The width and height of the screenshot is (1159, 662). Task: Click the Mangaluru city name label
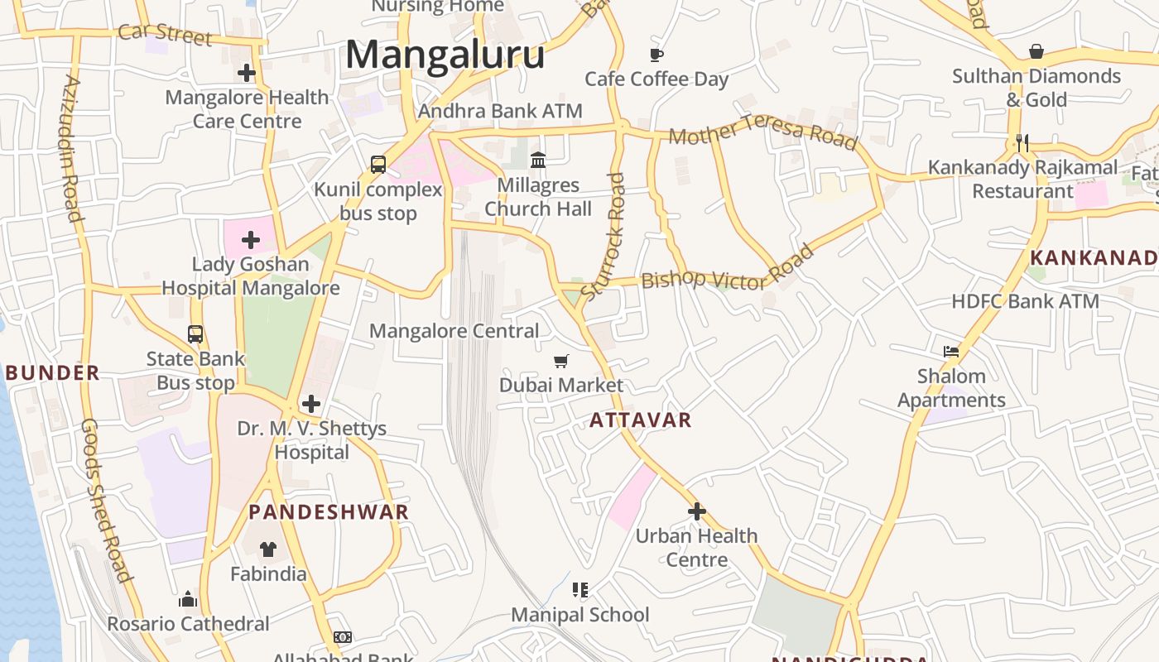click(445, 55)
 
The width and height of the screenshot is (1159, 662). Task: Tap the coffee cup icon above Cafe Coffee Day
click(656, 55)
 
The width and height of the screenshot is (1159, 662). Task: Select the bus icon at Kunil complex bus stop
click(378, 164)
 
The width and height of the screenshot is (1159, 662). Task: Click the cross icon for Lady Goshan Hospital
click(250, 240)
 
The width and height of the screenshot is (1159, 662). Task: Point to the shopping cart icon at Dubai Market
click(561, 361)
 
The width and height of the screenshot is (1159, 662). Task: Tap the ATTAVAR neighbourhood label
click(640, 420)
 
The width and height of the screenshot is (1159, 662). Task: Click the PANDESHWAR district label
click(329, 511)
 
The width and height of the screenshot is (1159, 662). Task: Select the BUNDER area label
click(52, 372)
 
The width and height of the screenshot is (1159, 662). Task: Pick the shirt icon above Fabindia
click(268, 549)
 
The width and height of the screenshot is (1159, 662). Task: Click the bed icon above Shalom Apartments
click(951, 351)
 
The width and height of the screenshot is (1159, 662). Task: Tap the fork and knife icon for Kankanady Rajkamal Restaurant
click(1022, 143)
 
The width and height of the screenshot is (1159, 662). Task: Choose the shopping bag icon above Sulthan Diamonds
click(1036, 51)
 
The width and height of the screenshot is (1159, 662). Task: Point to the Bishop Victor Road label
click(728, 270)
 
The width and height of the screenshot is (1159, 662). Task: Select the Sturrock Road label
click(604, 236)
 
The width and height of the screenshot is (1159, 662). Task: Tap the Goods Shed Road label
click(106, 500)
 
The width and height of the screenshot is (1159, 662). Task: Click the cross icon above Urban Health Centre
click(696, 511)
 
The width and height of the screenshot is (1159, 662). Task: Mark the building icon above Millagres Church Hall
click(538, 160)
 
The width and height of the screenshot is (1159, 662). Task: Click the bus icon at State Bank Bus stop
click(195, 333)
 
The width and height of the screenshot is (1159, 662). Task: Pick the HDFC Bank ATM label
click(1025, 301)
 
